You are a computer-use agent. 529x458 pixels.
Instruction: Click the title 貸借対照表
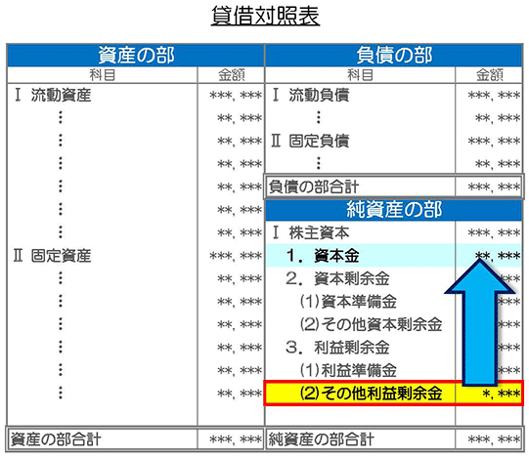tap(265, 16)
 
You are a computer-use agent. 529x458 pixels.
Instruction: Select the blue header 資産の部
tap(136, 55)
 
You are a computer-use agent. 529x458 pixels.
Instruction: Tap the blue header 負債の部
tap(394, 55)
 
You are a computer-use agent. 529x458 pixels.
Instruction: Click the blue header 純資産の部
tap(394, 209)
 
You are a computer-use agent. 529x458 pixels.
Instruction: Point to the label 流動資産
tap(61, 95)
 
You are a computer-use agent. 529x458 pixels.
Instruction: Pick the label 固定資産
tap(61, 256)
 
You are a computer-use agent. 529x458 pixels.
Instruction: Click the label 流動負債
tap(319, 95)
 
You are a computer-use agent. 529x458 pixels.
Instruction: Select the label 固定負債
tap(319, 141)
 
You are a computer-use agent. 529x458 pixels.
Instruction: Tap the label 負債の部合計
tap(314, 187)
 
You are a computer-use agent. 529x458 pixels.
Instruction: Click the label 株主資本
tap(319, 232)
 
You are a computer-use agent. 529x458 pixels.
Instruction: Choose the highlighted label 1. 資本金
tap(323, 256)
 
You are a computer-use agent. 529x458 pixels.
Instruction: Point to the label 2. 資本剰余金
tap(337, 278)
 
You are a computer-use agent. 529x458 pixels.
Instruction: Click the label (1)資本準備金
tap(348, 302)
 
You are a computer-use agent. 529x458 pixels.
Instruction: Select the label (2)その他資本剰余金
tap(372, 324)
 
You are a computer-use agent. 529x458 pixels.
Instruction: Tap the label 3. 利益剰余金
tap(337, 348)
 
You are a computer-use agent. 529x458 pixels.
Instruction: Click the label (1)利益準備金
tap(348, 370)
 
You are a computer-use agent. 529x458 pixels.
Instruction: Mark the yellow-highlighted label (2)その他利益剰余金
tap(372, 394)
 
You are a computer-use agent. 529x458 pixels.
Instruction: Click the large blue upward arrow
tap(480, 323)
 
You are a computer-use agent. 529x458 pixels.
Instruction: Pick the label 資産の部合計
tap(56, 439)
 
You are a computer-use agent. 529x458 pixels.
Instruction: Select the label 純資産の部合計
tap(321, 439)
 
